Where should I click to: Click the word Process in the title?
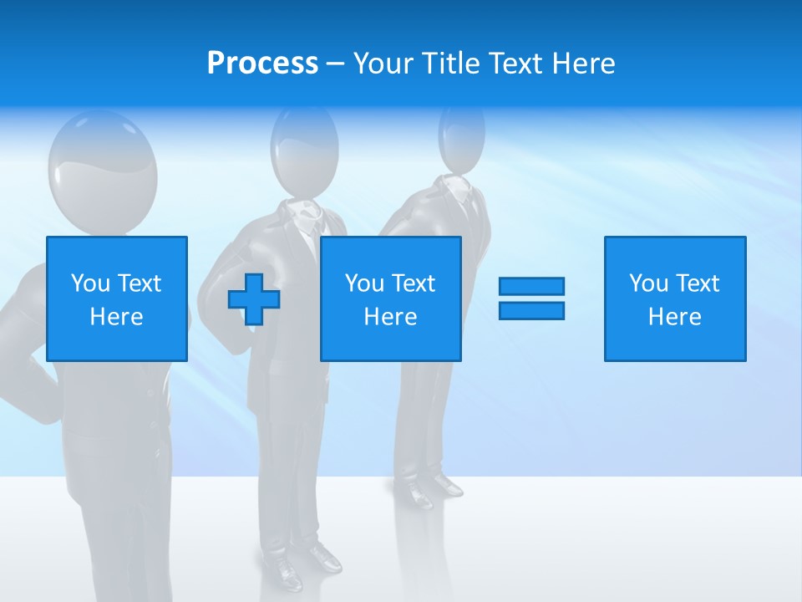coord(262,64)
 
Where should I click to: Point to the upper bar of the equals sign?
coord(531,286)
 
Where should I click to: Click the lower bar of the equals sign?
coord(531,310)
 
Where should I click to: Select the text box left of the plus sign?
coord(117,298)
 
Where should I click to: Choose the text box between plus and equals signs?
coord(390,298)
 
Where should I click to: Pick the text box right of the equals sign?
coord(675,298)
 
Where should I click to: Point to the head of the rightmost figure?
coord(461,136)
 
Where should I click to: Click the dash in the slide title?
coord(335,64)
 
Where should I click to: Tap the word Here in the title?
coord(583,64)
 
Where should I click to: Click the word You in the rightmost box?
coord(647,283)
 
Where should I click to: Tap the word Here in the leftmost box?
coord(116,317)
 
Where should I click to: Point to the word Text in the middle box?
coord(414,283)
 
